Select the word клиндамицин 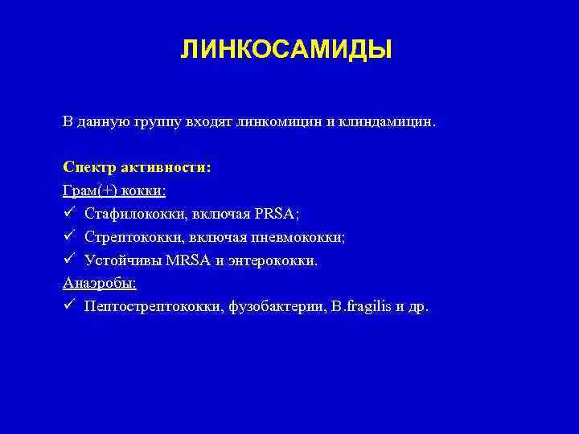click(x=388, y=123)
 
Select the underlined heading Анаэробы click(x=99, y=284)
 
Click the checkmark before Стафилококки click(x=70, y=215)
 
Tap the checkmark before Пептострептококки click(x=70, y=307)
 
